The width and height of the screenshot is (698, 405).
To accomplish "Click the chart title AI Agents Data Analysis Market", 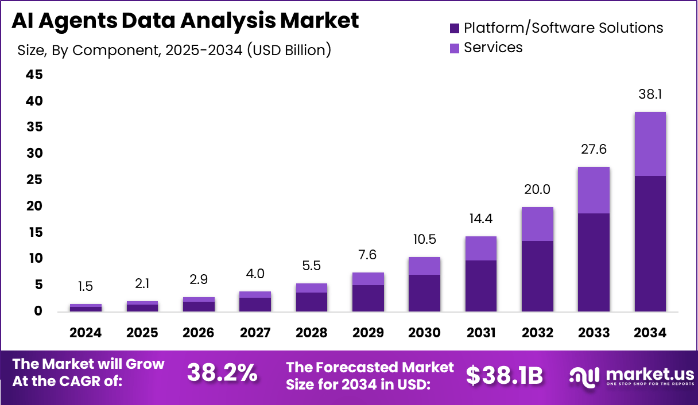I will coord(185,21).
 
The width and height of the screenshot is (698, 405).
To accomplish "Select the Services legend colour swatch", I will coord(455,48).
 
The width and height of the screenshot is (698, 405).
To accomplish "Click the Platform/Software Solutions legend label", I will coord(563,28).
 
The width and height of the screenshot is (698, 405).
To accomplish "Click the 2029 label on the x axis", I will coord(369,333).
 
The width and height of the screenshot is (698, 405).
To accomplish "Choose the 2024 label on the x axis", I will coord(86,333).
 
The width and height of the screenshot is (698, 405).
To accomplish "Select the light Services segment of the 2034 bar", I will coord(651,144).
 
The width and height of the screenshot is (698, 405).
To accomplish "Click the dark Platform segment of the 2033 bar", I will coord(594,262).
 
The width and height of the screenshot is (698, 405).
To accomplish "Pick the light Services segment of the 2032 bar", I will coord(538,224).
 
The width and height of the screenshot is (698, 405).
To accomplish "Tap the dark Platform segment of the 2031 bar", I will coord(481,286).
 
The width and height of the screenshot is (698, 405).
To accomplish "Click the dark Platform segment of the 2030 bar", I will coord(425,293).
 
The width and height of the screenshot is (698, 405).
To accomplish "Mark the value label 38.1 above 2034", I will coord(651,95).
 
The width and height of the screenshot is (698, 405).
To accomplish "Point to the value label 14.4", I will coord(481,219).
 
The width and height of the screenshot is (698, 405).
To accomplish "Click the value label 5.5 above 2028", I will coord(312,266).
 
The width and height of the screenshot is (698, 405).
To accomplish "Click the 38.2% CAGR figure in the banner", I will coord(222,374).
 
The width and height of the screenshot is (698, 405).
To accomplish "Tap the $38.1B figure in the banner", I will coord(504,375).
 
